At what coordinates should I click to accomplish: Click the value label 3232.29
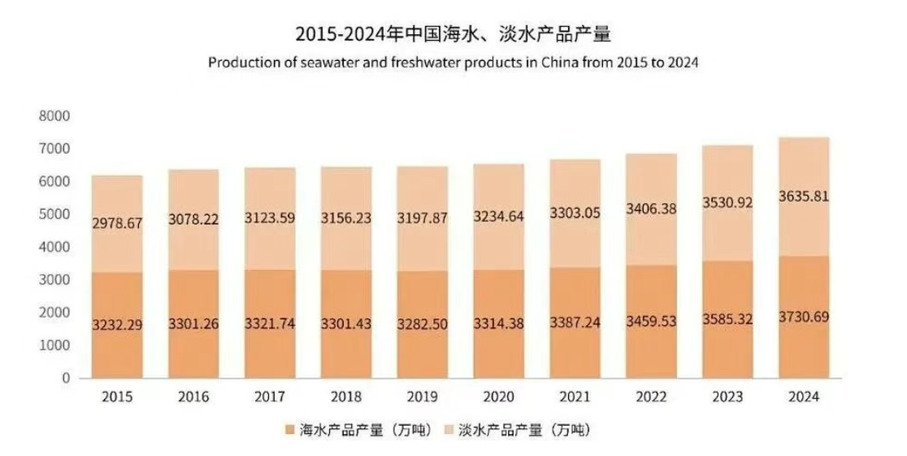point(117,325)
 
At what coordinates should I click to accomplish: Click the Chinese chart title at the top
point(453,35)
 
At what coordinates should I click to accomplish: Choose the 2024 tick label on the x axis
point(804,397)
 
